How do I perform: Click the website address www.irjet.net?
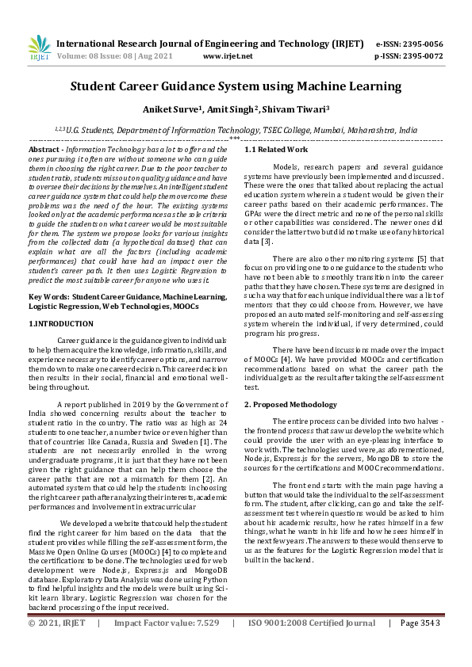pyautogui.click(x=228, y=56)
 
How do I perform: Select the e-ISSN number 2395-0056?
pyautogui.click(x=420, y=44)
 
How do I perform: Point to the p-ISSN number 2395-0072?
pyautogui.click(x=420, y=56)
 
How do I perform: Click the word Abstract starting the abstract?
pyautogui.click(x=45, y=149)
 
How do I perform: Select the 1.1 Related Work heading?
pyautogui.click(x=276, y=149)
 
